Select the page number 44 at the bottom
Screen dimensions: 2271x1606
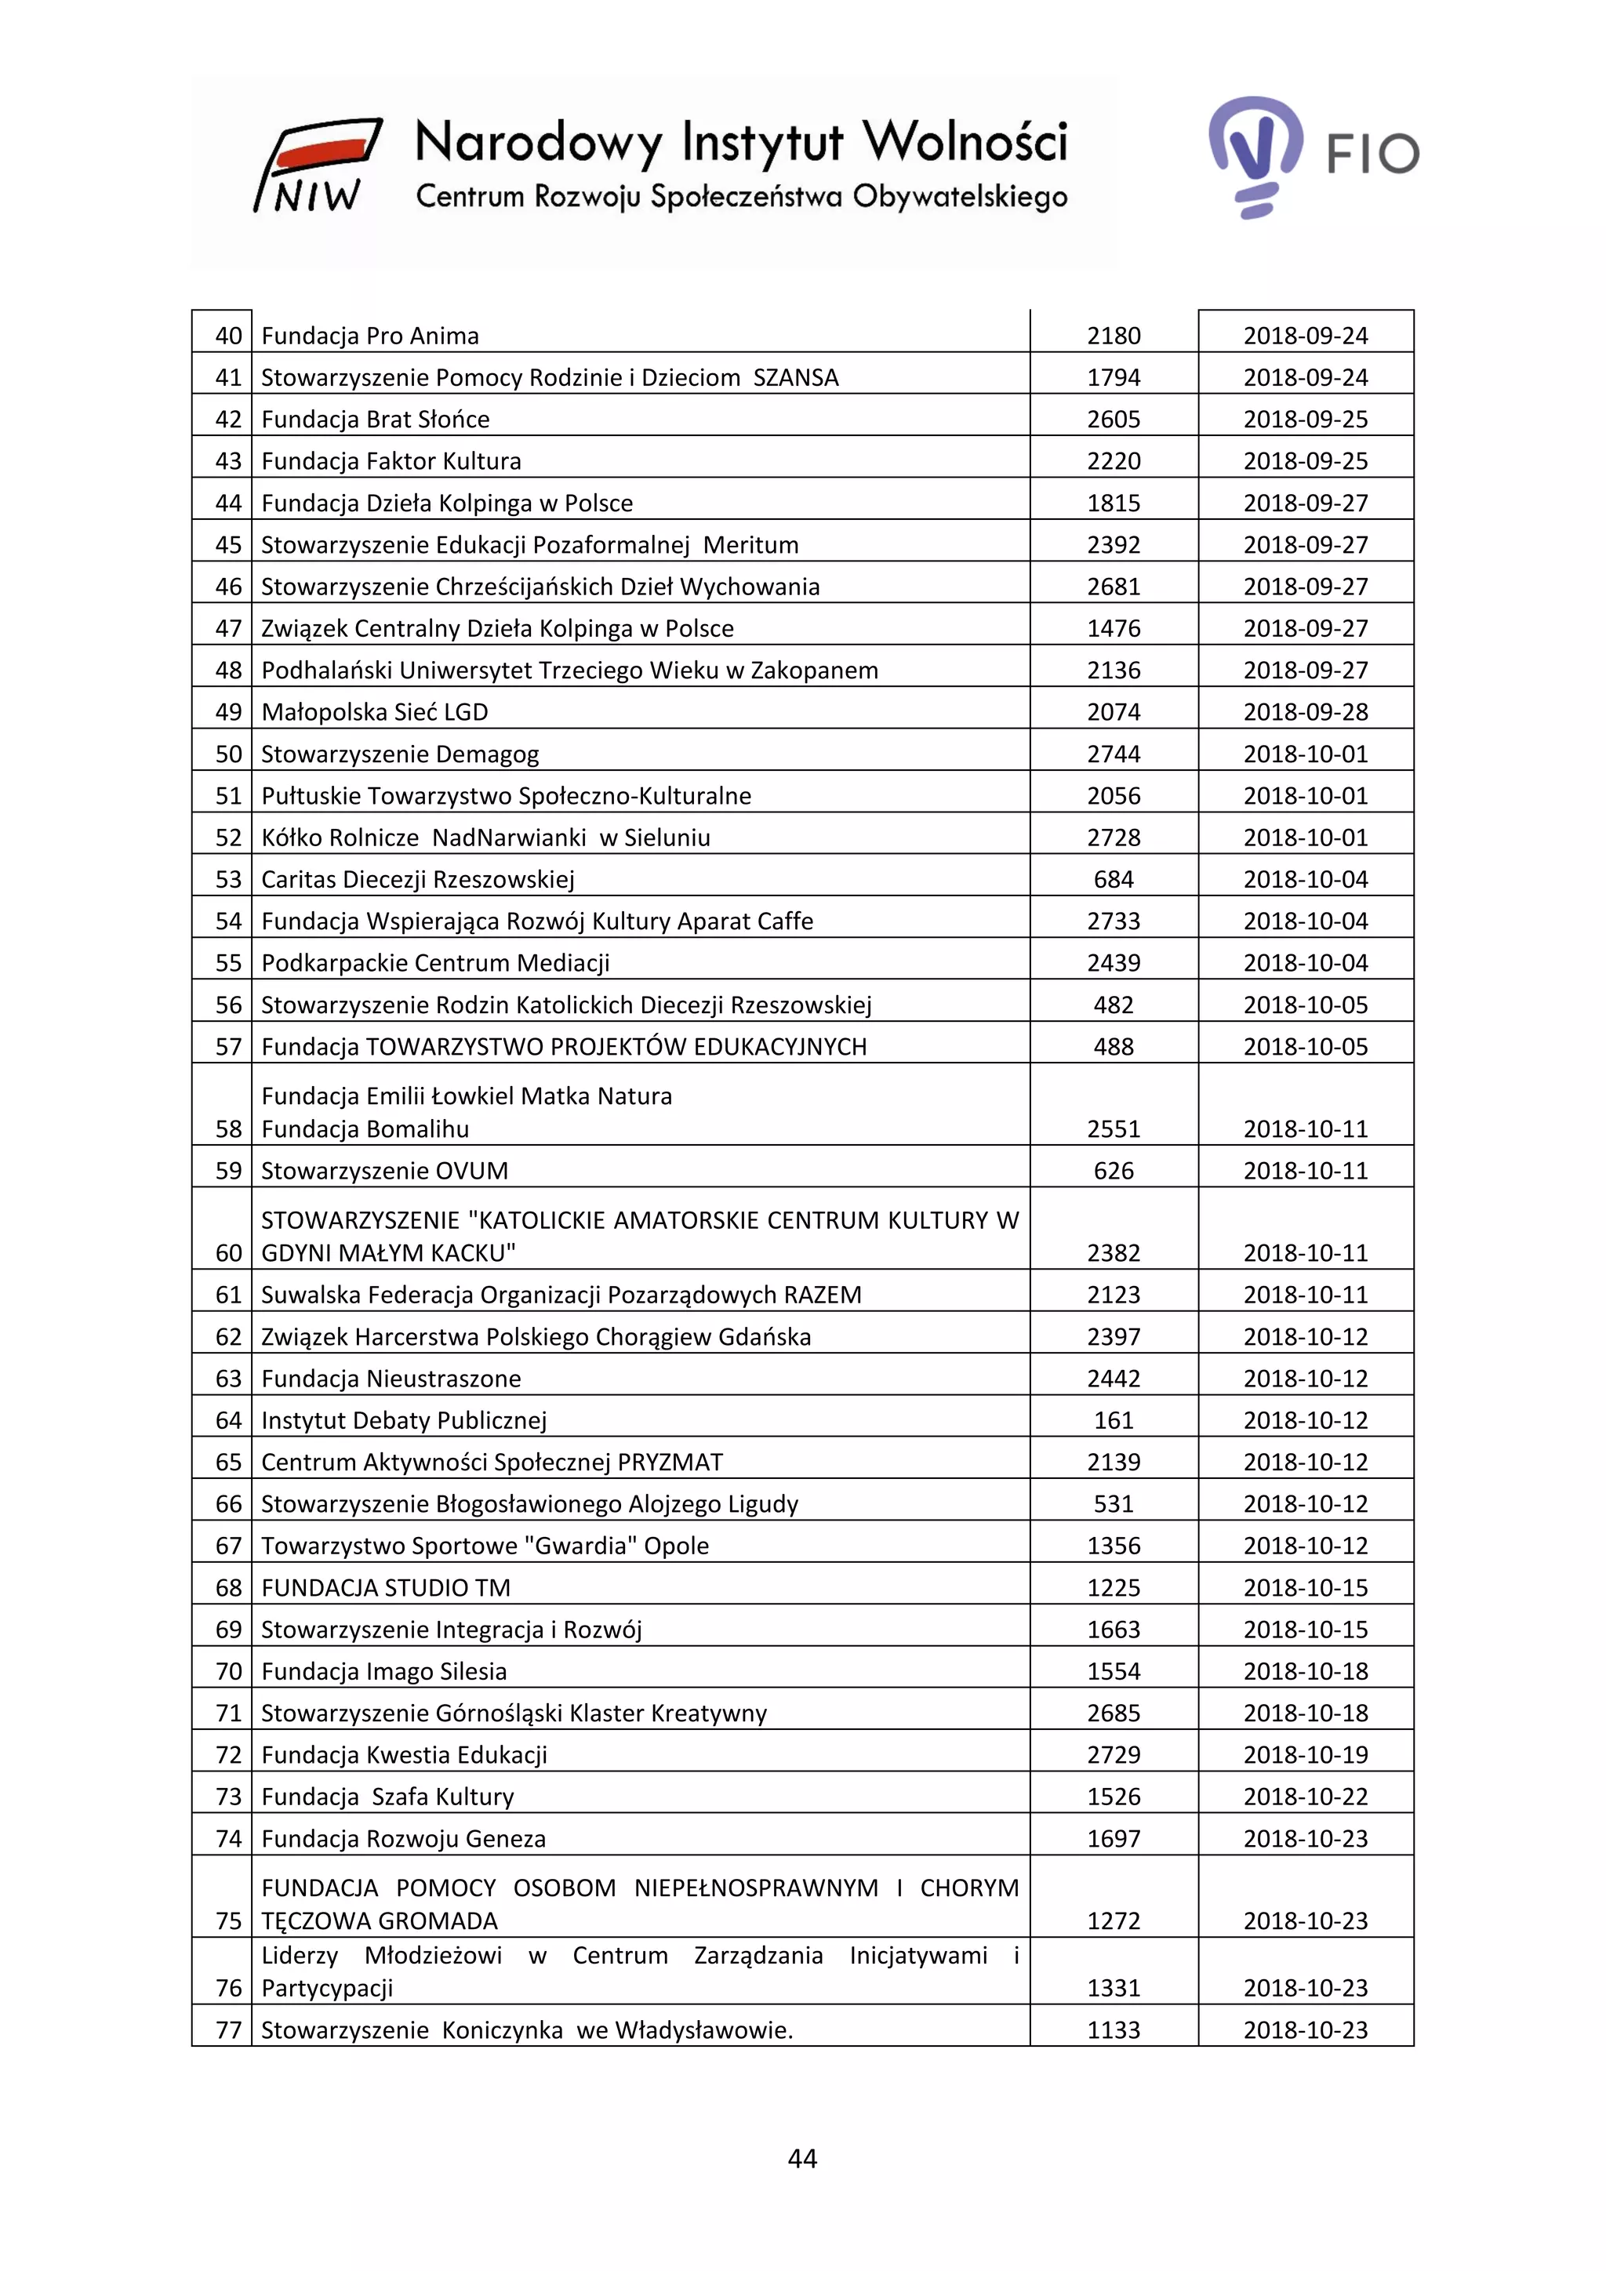pos(802,2158)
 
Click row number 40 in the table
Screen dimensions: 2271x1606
pos(228,336)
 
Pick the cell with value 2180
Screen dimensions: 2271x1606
pos(1114,336)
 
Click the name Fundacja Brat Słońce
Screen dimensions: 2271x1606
pos(375,420)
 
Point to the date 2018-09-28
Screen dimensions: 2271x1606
pos(1306,712)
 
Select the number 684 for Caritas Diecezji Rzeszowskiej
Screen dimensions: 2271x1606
pos(1114,879)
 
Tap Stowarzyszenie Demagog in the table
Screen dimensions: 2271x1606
pos(399,754)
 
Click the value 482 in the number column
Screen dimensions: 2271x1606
pos(1114,1005)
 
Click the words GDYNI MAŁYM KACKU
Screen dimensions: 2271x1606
pos(387,1253)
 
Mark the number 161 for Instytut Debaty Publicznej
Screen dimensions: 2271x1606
pos(1114,1420)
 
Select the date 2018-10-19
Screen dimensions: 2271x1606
pos(1306,1755)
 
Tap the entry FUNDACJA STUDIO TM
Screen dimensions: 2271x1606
pos(386,1587)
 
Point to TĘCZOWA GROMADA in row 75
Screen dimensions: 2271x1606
pos(379,1920)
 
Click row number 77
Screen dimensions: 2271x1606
pos(228,2029)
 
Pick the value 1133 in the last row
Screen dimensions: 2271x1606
pos(1114,2029)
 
